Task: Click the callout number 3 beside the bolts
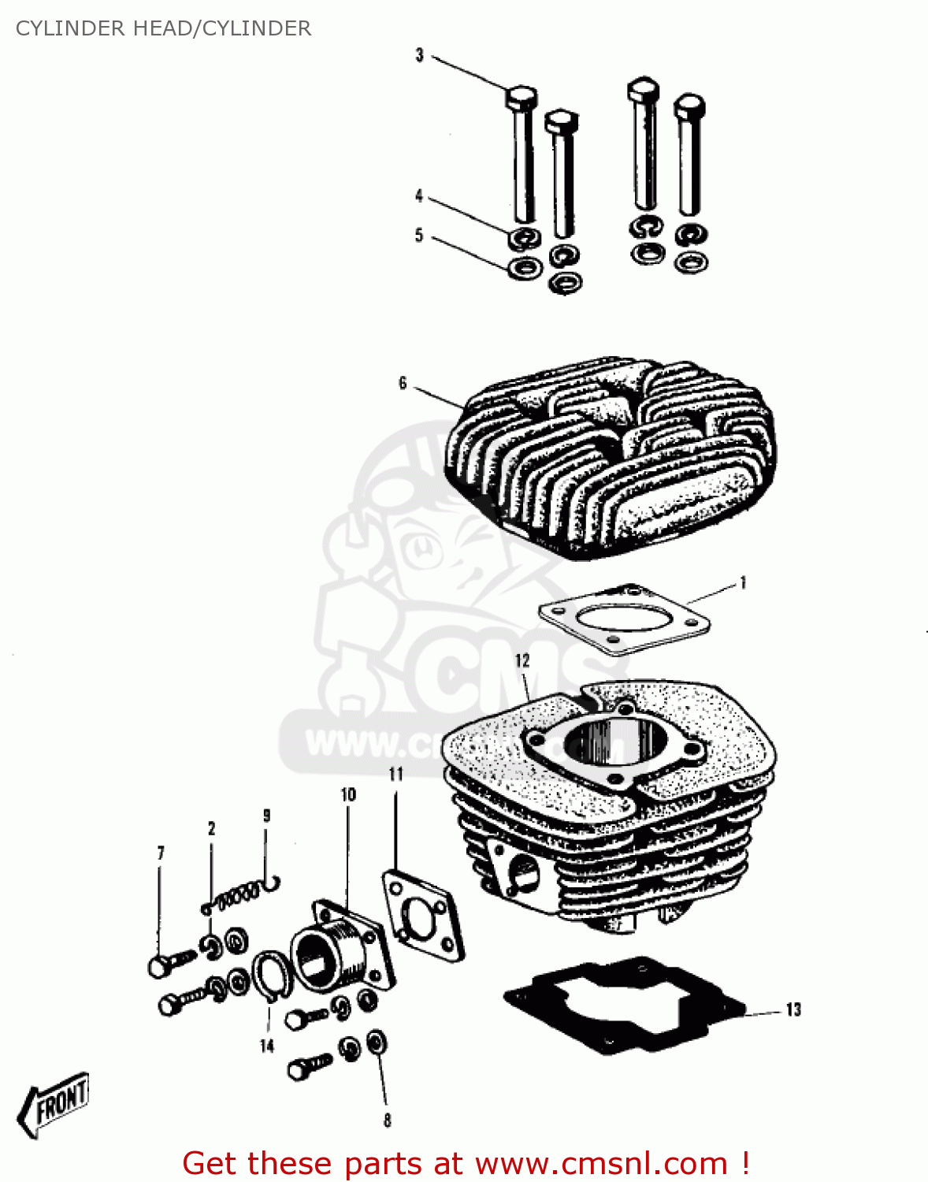pyautogui.click(x=419, y=55)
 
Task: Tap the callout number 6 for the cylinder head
pyautogui.click(x=403, y=383)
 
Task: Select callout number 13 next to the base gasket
pyautogui.click(x=793, y=1009)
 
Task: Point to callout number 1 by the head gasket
pyautogui.click(x=742, y=583)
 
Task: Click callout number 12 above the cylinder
pyautogui.click(x=522, y=660)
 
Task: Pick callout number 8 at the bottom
pyautogui.click(x=387, y=1120)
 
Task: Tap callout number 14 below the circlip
pyautogui.click(x=267, y=1046)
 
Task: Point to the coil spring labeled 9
pyautogui.click(x=240, y=894)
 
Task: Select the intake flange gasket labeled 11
pyautogui.click(x=421, y=914)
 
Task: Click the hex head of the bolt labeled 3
pyautogui.click(x=521, y=98)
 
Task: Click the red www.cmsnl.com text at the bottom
pyautogui.click(x=601, y=1164)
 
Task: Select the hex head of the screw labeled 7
pyautogui.click(x=158, y=966)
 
